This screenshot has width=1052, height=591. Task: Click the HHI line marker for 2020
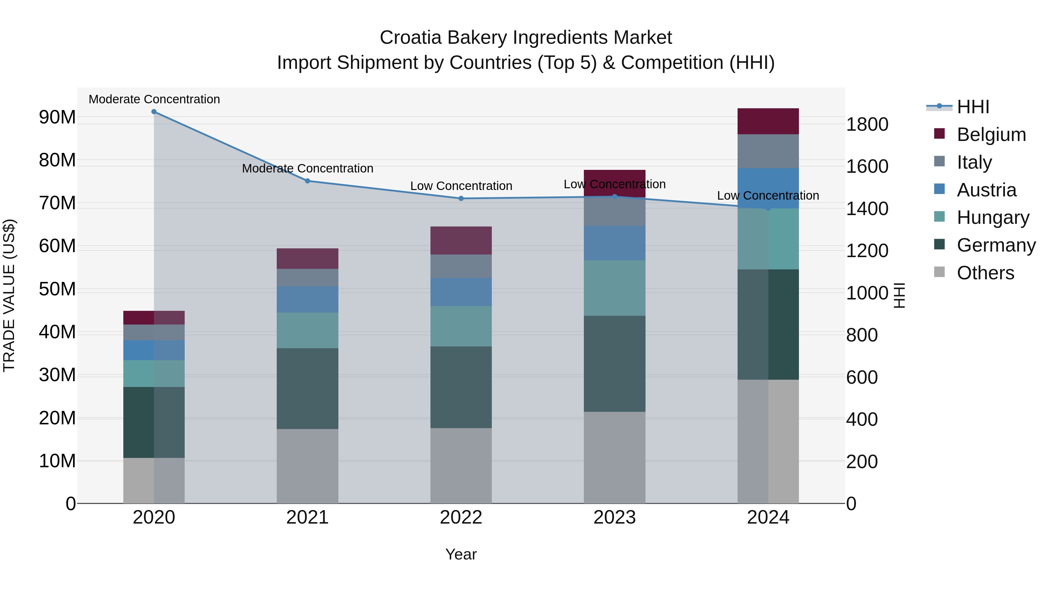click(x=154, y=112)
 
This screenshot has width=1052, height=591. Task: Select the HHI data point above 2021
click(x=307, y=181)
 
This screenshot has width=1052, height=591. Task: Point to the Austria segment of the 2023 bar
click(x=614, y=243)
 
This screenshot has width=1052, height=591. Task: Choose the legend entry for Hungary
click(x=992, y=217)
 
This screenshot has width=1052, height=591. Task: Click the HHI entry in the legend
click(x=972, y=107)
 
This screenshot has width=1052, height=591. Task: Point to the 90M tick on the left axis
click(x=57, y=117)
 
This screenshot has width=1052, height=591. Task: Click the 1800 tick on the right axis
click(x=867, y=124)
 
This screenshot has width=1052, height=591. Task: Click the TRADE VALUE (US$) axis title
click(x=9, y=295)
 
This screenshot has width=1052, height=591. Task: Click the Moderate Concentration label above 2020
click(x=154, y=99)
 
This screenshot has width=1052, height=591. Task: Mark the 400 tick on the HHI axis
click(x=862, y=419)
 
